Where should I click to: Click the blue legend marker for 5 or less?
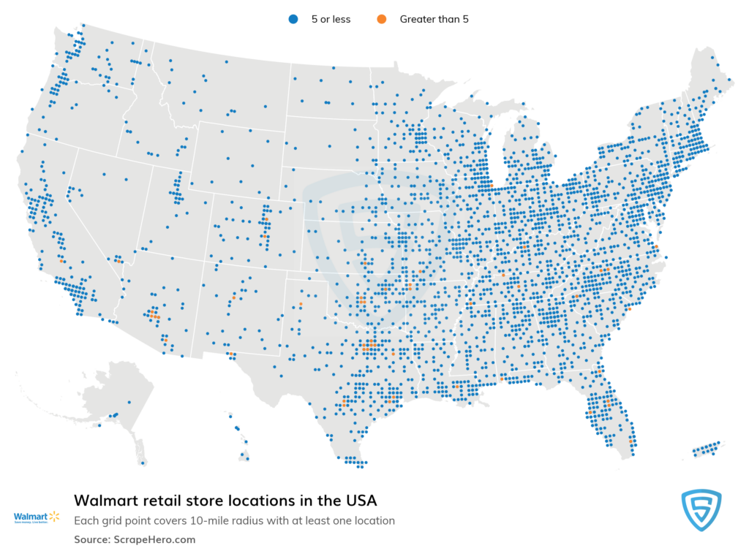pyautogui.click(x=291, y=20)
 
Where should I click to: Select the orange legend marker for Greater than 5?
pyautogui.click(x=380, y=20)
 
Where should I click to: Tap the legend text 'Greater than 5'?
pyautogui.click(x=434, y=20)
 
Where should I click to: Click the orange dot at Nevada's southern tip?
pyautogui.click(x=117, y=260)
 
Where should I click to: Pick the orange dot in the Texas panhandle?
pyautogui.click(x=301, y=304)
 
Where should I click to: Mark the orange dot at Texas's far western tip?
pyautogui.click(x=229, y=354)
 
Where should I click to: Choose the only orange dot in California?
pyautogui.click(x=61, y=261)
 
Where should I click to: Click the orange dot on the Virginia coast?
pyautogui.click(x=656, y=247)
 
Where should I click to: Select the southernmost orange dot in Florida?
pyautogui.click(x=631, y=441)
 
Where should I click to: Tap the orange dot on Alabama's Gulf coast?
pyautogui.click(x=502, y=379)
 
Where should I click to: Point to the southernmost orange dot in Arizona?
pyautogui.click(x=166, y=340)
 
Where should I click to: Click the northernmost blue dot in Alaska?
pyautogui.click(x=129, y=403)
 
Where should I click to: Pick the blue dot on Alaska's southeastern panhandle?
pyautogui.click(x=143, y=462)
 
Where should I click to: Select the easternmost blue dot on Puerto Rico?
pyautogui.click(x=719, y=443)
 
